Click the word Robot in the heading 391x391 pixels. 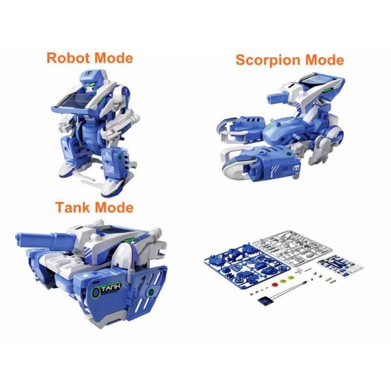[x=68, y=58]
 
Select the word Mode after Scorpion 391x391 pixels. [x=325, y=60]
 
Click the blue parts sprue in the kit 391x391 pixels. [x=247, y=267]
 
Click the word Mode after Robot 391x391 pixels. [x=113, y=58]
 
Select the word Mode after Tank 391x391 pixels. [x=115, y=207]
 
